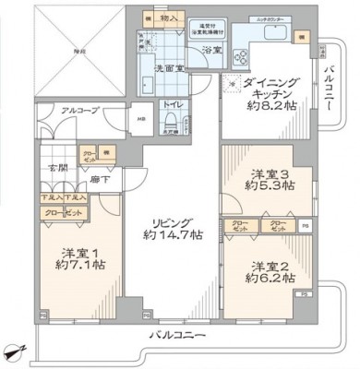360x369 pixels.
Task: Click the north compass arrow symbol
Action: coord(13,351)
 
